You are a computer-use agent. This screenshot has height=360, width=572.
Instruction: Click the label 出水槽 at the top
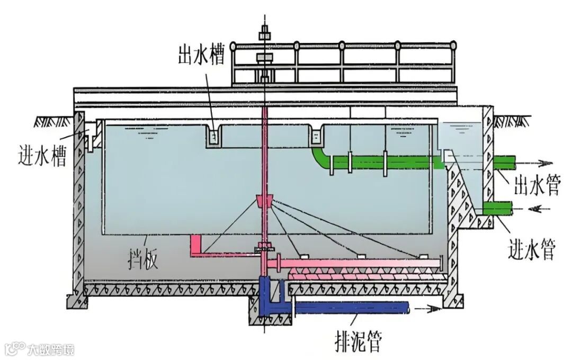(x=202, y=55)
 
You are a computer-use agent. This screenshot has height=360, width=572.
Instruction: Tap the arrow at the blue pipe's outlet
(x=430, y=307)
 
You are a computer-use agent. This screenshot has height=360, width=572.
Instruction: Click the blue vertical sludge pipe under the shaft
(x=265, y=296)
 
